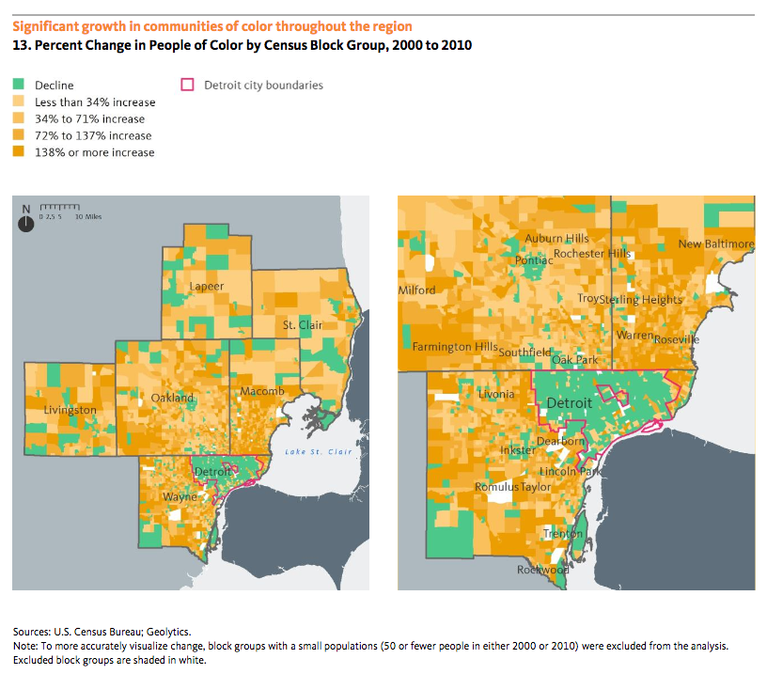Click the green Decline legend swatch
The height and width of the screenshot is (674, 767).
[18, 86]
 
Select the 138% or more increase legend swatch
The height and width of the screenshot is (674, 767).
[18, 152]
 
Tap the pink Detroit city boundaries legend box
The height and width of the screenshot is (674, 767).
[187, 86]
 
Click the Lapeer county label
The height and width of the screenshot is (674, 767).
[205, 286]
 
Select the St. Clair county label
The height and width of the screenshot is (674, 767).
[303, 325]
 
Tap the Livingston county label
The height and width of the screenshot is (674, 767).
[70, 410]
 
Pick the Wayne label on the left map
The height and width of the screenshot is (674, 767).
[180, 495]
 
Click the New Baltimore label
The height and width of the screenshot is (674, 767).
[716, 244]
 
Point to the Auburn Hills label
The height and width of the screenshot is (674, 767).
[556, 239]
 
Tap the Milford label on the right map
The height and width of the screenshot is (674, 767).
[417, 290]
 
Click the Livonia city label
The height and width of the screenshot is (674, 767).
[496, 394]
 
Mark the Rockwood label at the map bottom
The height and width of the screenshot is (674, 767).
[543, 570]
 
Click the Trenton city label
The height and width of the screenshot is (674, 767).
[563, 534]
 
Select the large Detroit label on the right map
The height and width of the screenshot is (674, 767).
[570, 403]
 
